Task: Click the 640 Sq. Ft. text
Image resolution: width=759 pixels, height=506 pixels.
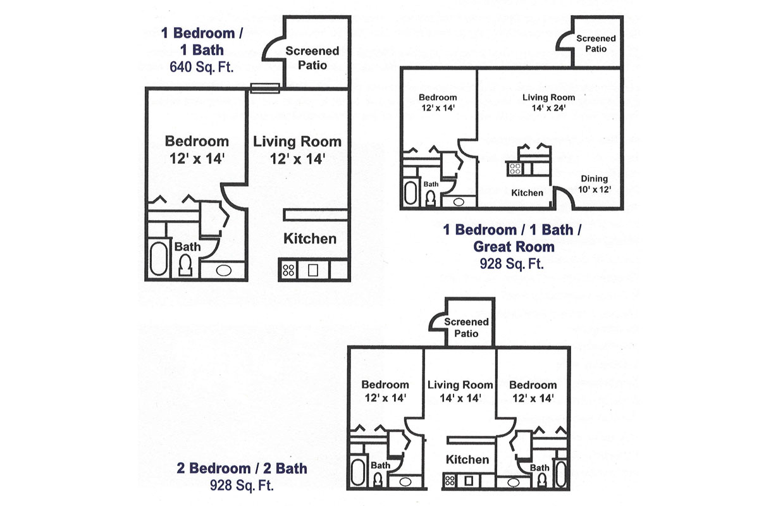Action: pos(202,67)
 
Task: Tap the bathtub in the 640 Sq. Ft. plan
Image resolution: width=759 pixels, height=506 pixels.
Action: pos(159,259)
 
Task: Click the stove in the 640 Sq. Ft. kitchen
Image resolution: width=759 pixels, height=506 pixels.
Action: pos(288,270)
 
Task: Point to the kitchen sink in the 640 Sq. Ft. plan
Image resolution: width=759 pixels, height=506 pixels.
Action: pos(312,270)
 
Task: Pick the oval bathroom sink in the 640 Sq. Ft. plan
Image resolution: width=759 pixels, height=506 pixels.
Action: pos(224,271)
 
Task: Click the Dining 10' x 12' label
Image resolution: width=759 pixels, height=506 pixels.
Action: pos(595,184)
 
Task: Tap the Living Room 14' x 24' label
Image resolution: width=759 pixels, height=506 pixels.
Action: pos(548,102)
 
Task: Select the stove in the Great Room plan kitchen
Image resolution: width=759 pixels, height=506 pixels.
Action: pos(515,168)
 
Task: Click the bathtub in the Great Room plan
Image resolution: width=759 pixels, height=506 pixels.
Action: pos(410,193)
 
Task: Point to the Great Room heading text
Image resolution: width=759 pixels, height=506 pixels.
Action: pos(514,247)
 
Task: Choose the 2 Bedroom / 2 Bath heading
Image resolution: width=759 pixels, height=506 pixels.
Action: pos(242,468)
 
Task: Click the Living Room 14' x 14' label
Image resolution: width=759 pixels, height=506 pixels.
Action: pos(460,391)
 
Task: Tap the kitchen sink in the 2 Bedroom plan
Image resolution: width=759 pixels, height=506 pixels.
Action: pos(469,481)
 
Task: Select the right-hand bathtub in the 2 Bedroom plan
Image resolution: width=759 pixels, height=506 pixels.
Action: pos(561,474)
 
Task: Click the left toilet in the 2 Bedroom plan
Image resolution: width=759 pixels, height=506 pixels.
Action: pos(378,480)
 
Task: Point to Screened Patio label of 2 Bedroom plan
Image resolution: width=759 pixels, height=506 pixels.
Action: pos(466,328)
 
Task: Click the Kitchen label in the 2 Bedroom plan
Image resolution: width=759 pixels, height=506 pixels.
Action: pos(467,460)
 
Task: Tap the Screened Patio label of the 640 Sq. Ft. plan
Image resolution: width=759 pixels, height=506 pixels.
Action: pos(312,58)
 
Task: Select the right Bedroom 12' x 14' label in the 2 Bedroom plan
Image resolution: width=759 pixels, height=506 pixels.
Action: pos(533,391)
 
